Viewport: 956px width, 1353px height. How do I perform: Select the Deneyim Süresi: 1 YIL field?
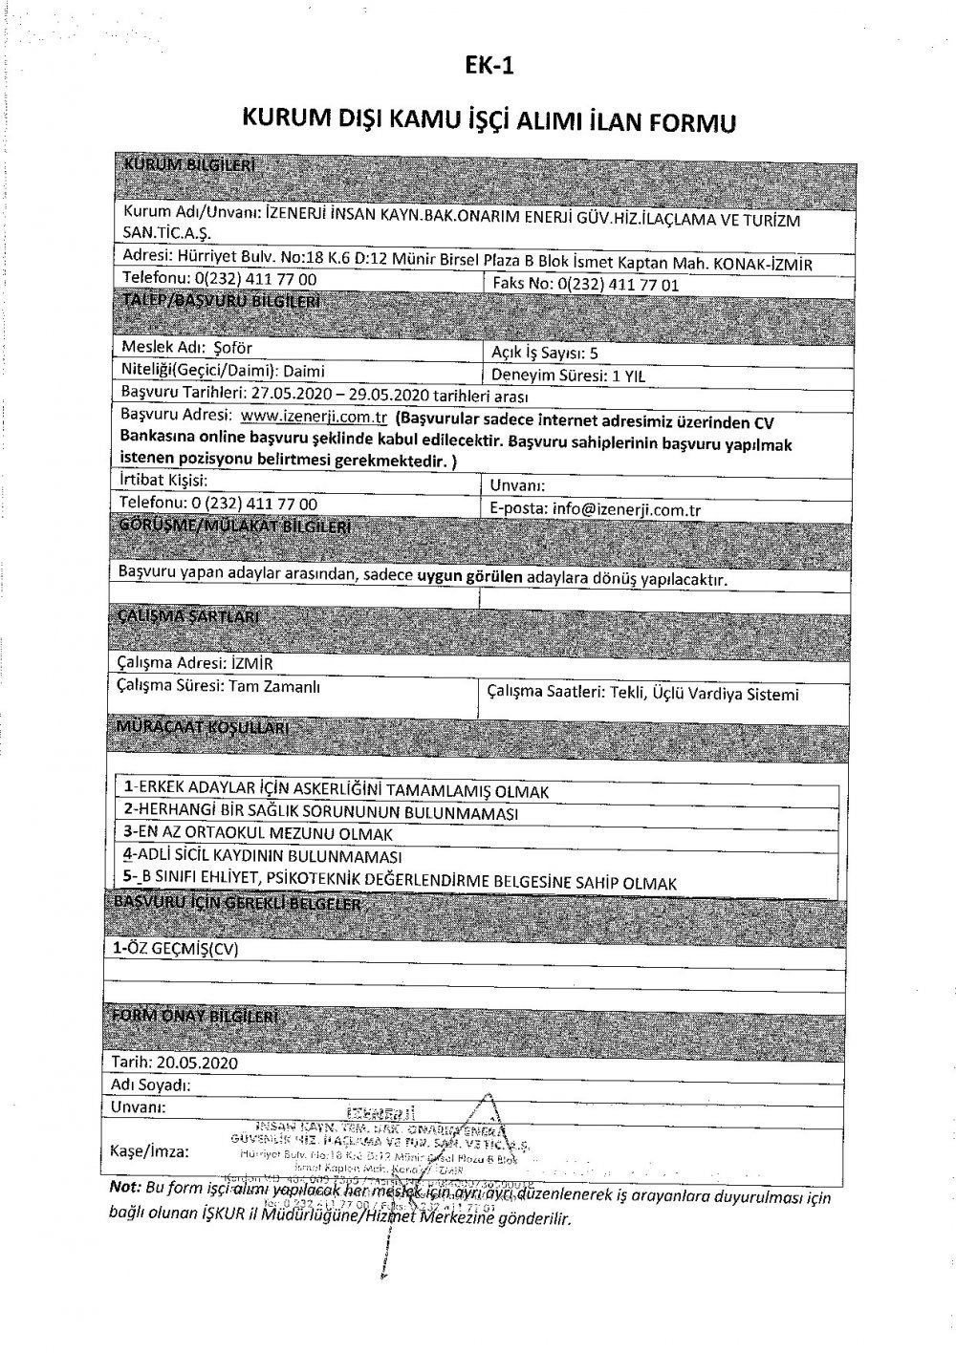pyautogui.click(x=567, y=376)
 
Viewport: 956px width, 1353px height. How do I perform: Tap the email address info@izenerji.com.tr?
pyautogui.click(x=626, y=509)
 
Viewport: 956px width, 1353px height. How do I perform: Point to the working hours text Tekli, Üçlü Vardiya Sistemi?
pyautogui.click(x=703, y=695)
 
